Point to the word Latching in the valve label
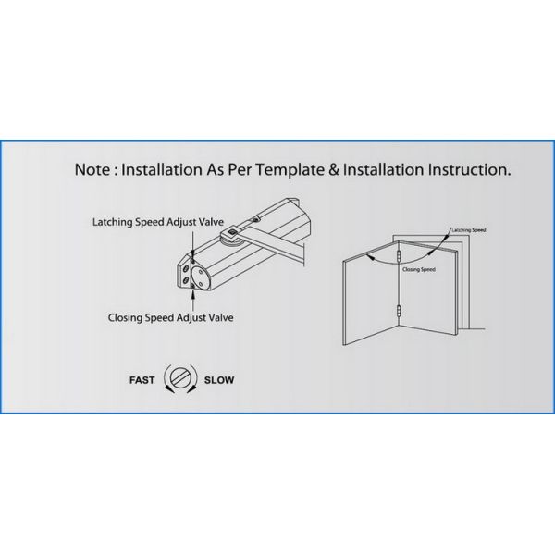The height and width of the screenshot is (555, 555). point(114,222)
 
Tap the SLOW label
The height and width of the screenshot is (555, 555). point(219,379)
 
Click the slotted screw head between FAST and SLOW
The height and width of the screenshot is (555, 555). point(181,379)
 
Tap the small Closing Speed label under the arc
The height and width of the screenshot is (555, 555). point(419,269)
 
